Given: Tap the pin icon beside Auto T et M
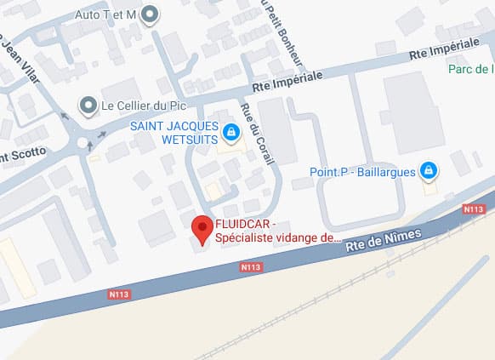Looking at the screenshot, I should pos(151,14).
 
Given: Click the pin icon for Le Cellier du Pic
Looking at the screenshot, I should pos(88,106).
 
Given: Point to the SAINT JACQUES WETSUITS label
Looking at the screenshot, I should pos(175,134).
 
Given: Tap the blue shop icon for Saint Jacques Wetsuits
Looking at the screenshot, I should pos(230,133).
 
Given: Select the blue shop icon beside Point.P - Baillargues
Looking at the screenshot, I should pos(430,172).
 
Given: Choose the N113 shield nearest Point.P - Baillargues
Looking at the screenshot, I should pos(474,209).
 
